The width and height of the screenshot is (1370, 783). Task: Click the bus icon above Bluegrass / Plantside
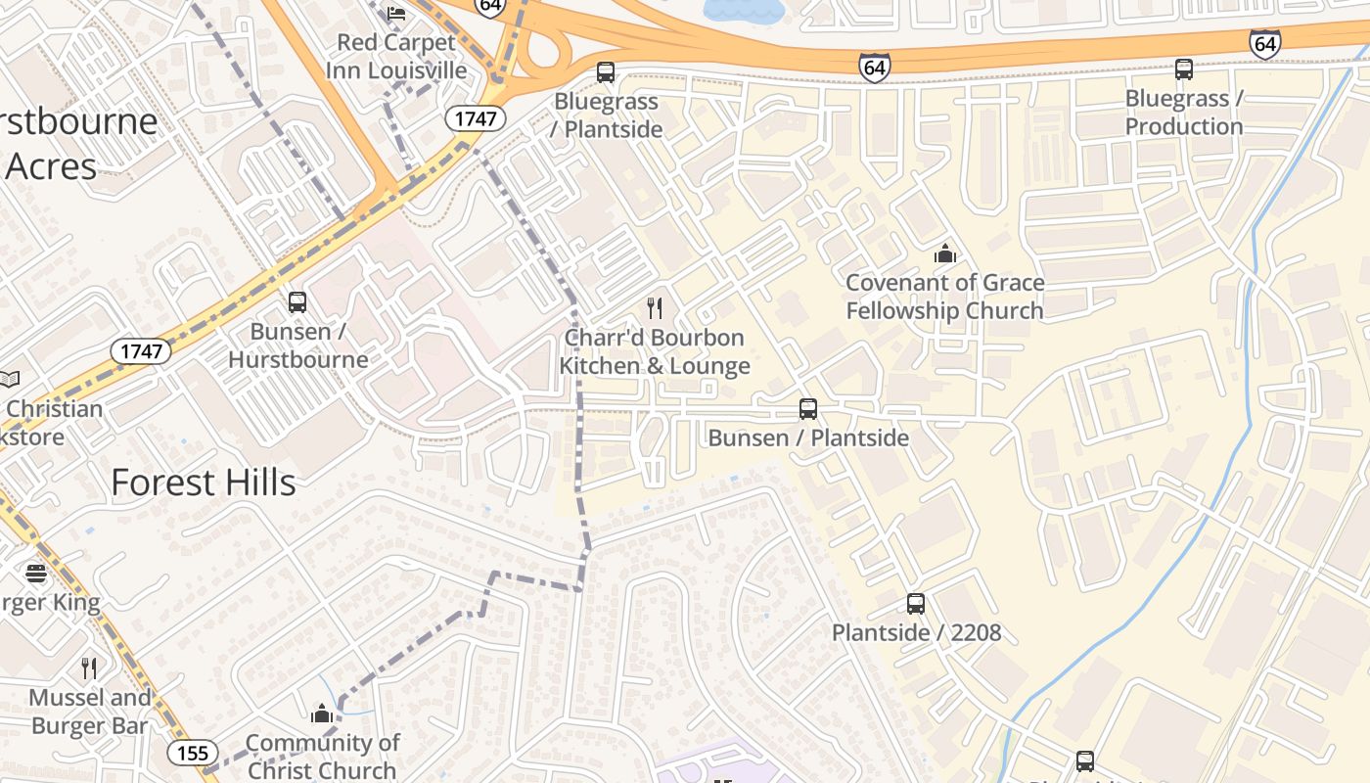(x=606, y=72)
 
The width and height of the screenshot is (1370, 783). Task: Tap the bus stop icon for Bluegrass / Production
(x=1184, y=69)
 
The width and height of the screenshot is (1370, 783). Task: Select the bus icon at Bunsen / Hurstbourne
(x=297, y=302)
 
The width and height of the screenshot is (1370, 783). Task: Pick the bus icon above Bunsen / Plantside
(x=808, y=409)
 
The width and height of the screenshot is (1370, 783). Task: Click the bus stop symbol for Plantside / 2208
(x=916, y=604)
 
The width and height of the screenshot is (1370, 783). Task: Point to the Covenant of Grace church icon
(x=945, y=254)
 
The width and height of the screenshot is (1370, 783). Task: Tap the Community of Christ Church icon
(x=322, y=714)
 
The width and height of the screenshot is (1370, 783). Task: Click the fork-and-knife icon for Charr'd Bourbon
(x=655, y=308)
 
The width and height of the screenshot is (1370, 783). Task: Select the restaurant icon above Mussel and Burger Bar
(x=89, y=668)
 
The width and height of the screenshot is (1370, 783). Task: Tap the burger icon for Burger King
(x=36, y=573)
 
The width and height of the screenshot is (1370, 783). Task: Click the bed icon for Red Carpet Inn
(x=396, y=13)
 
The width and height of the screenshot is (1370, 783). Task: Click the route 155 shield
(x=193, y=752)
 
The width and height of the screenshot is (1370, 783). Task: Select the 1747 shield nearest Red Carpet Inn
(x=477, y=119)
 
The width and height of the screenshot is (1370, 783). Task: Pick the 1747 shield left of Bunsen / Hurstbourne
(x=142, y=351)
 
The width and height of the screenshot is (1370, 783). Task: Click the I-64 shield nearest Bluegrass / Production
(x=1264, y=43)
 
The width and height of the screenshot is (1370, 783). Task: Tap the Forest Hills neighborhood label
(x=203, y=483)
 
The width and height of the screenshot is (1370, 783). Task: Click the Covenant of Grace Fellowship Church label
(x=944, y=297)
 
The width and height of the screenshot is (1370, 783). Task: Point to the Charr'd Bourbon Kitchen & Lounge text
(x=655, y=351)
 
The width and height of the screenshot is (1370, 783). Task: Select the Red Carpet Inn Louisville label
(x=396, y=57)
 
